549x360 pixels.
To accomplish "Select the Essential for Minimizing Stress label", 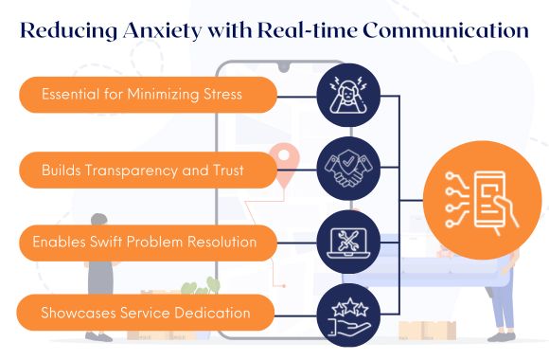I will click(x=141, y=95).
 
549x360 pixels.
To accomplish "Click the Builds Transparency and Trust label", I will click(x=141, y=171).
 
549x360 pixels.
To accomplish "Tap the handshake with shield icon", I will click(x=348, y=167).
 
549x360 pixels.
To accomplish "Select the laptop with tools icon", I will click(x=348, y=241).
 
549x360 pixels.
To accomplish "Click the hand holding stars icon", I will click(x=348, y=312).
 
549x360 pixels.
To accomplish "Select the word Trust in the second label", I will click(x=224, y=171).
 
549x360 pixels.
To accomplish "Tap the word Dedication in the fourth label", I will click(x=214, y=312).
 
